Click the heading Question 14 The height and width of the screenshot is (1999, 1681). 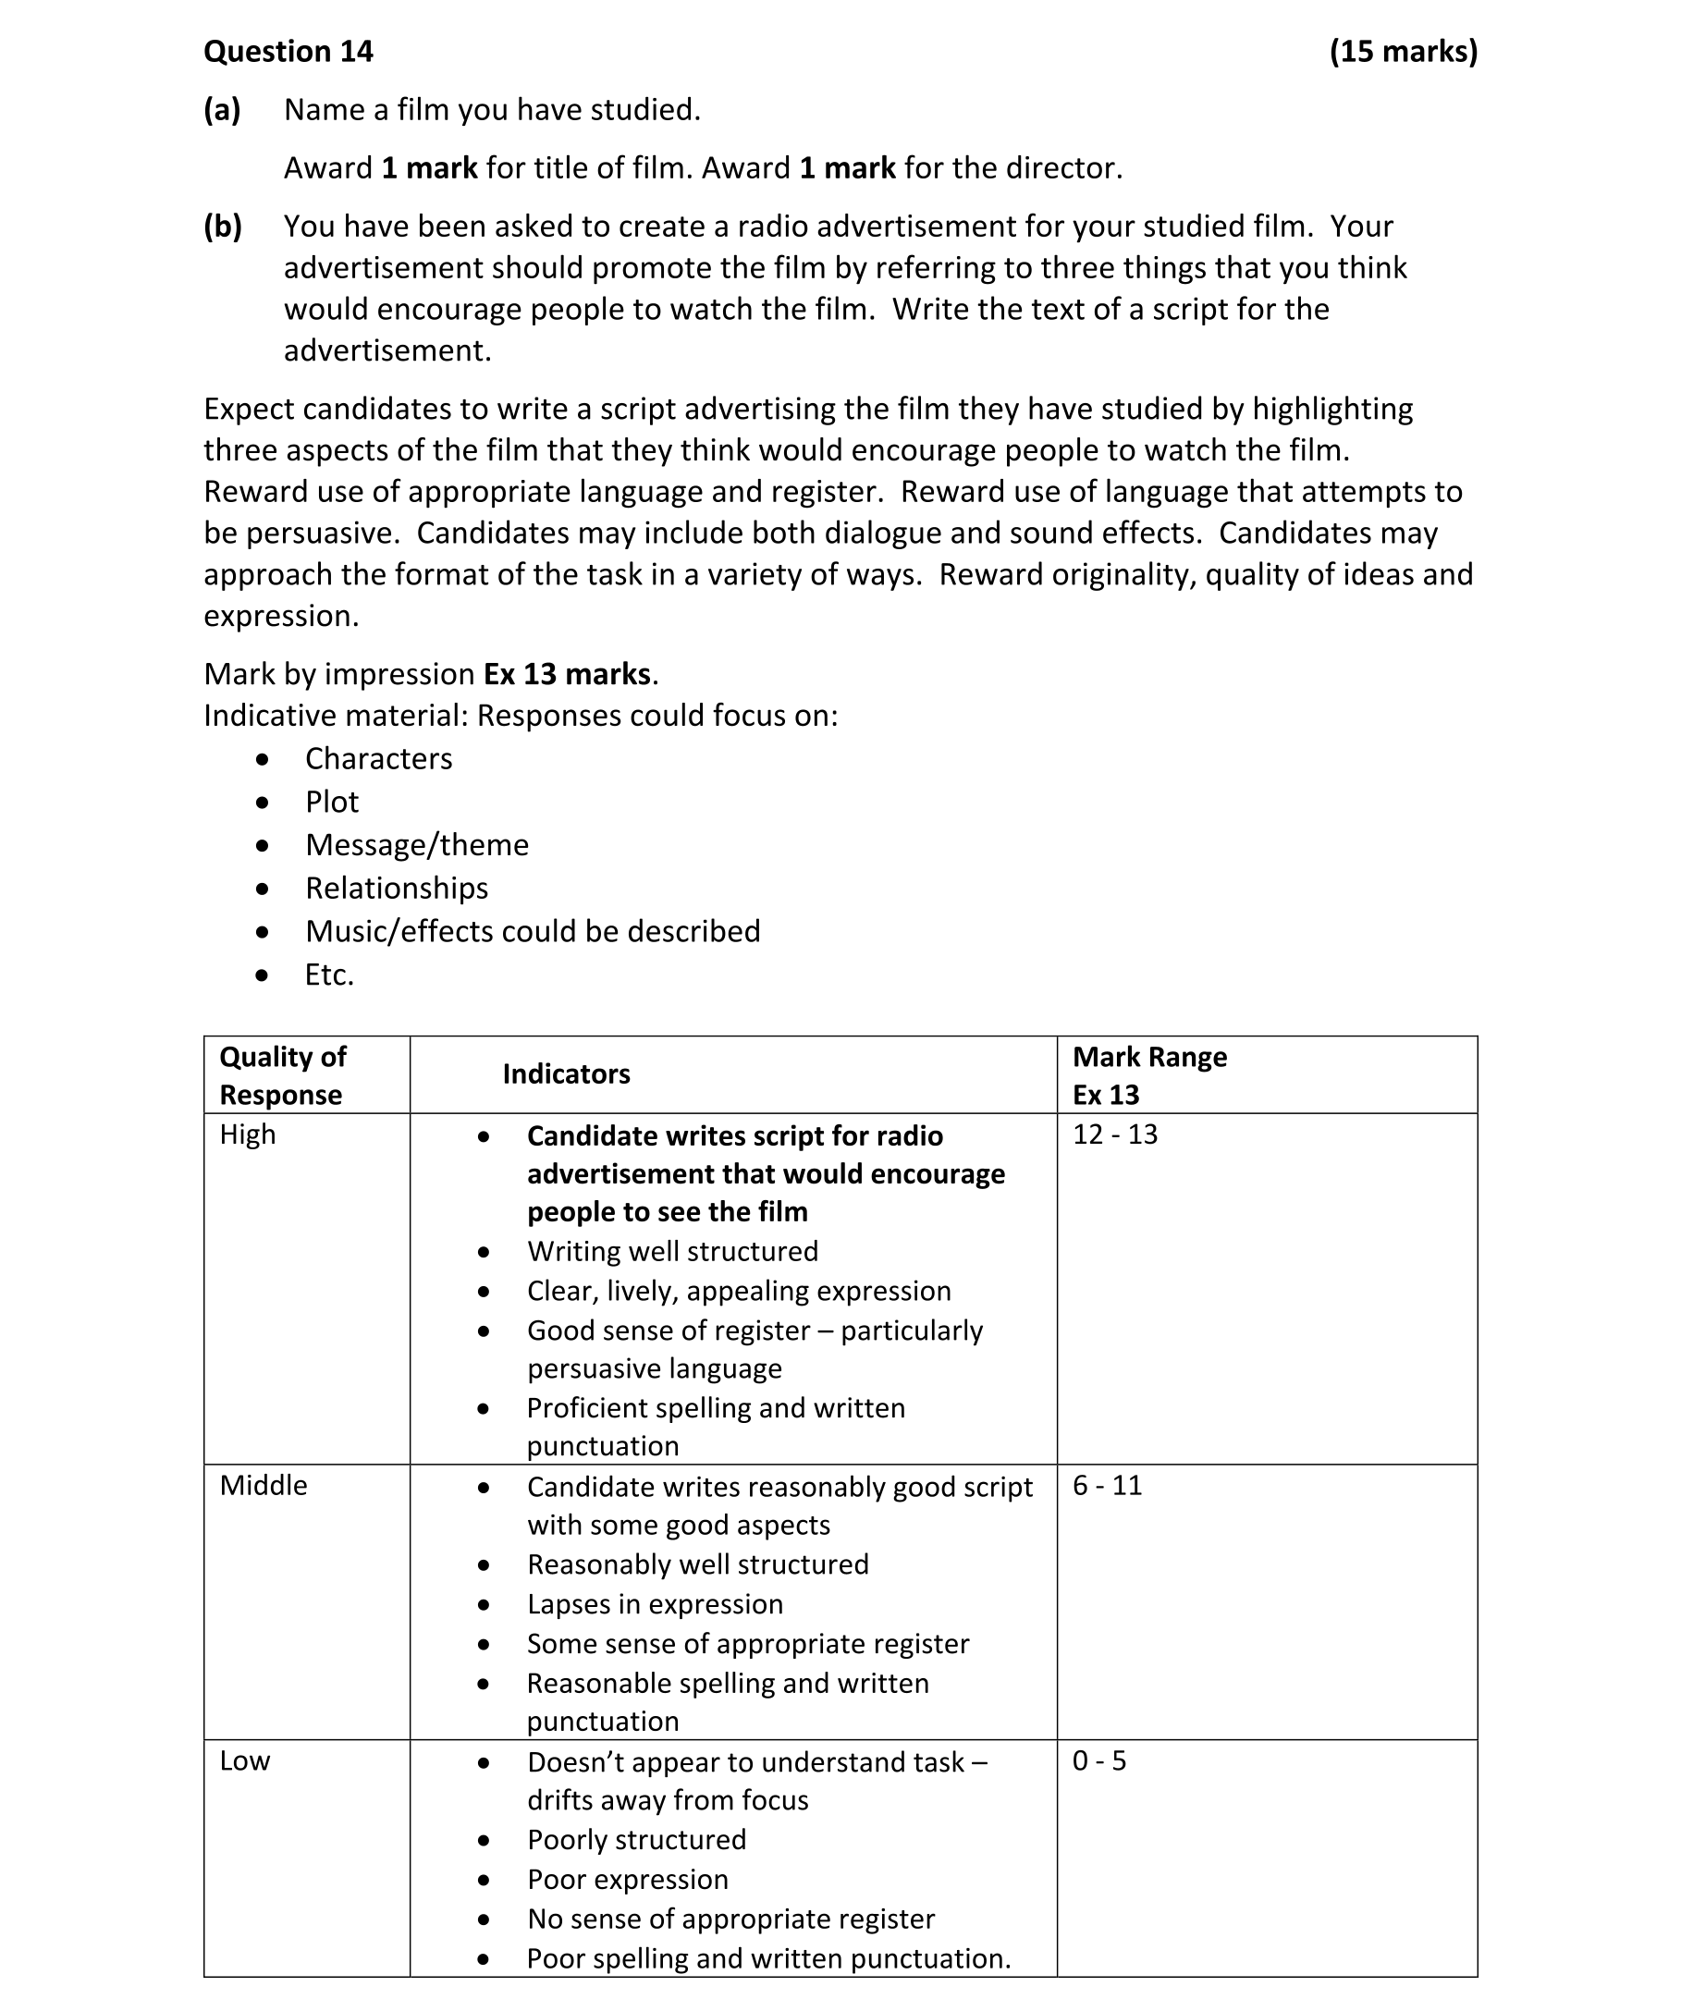point(288,52)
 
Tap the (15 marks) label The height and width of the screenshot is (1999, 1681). point(1403,52)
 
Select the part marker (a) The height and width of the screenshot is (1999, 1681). point(222,111)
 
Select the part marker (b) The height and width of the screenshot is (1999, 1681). point(222,227)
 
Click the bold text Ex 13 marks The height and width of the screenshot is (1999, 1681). point(569,675)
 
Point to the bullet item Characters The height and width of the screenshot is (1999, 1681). point(378,758)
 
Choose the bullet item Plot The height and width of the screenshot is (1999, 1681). point(332,803)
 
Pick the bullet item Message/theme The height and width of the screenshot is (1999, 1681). point(416,845)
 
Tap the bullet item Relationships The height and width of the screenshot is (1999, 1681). point(397,888)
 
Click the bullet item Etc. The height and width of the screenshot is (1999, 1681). point(329,975)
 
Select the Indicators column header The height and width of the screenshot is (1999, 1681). point(566,1074)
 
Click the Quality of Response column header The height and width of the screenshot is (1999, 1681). point(283,1075)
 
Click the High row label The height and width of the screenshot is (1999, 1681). point(248,1134)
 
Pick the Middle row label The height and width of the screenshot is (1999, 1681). point(263,1486)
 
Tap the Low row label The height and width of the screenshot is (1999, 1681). point(245,1760)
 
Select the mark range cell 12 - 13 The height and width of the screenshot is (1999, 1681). point(1115,1134)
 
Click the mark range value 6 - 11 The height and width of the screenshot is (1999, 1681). point(1108,1486)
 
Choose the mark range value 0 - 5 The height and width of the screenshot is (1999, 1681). point(1098,1760)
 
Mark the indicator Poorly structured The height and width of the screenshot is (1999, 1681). point(636,1840)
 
